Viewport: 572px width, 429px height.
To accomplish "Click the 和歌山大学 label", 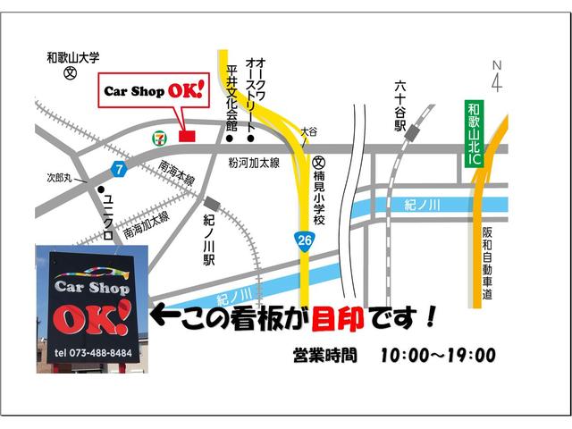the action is pos(74,59).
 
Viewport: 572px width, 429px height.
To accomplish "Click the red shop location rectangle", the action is pos(186,136).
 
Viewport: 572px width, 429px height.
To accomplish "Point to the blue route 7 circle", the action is pos(118,168).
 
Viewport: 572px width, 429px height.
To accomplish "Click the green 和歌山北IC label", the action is pos(474,137).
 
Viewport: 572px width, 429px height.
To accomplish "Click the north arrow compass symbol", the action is pos(497,75).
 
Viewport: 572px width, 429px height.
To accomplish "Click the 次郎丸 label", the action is pos(65,178).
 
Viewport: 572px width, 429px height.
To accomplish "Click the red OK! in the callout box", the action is pos(187,91).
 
